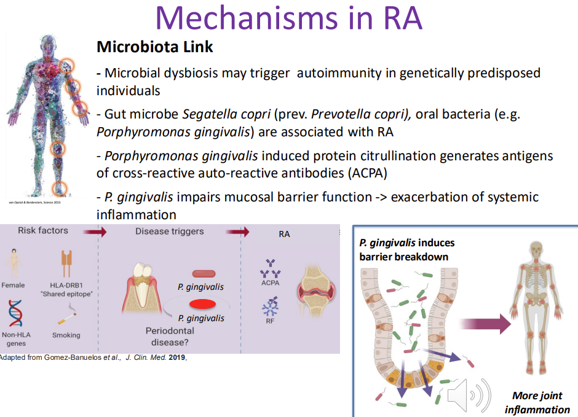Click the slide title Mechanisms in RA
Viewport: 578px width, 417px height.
tap(289, 18)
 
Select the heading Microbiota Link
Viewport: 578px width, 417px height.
tap(154, 47)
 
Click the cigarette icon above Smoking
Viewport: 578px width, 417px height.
tap(66, 318)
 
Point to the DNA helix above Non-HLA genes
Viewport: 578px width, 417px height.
tap(15, 313)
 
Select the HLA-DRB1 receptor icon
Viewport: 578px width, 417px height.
tap(67, 263)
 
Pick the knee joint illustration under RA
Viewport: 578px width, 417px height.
tap(314, 286)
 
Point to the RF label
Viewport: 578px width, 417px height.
tap(269, 319)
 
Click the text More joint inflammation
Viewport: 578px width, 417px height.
tap(537, 403)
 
